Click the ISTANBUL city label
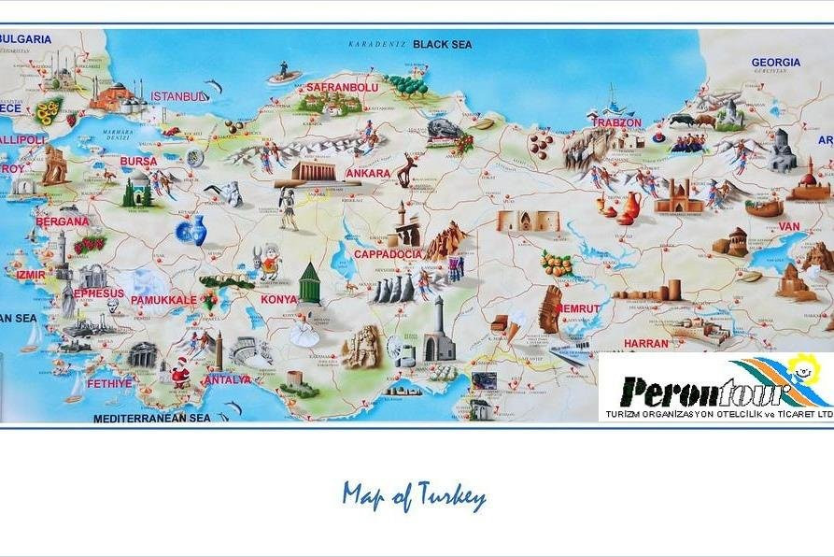(178, 96)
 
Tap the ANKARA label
(368, 174)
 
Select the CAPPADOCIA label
(388, 254)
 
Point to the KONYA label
(278, 300)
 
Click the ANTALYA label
(227, 379)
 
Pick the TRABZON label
(616, 122)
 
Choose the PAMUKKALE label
(163, 300)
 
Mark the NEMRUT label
(579, 308)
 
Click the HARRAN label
(646, 343)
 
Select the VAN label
(789, 226)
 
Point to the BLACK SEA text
(443, 44)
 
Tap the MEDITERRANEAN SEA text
(152, 419)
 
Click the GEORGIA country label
(775, 63)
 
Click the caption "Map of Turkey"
(414, 495)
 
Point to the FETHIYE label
(109, 383)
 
